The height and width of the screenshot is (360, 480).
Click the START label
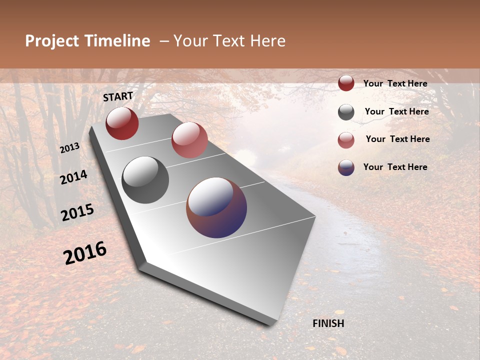(x=118, y=96)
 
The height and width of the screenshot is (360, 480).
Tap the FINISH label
(x=328, y=323)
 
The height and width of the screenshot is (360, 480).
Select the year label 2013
(x=70, y=148)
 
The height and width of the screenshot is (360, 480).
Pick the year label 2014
(x=74, y=177)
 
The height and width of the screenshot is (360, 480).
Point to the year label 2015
(x=77, y=212)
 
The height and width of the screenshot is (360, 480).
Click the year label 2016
(x=85, y=253)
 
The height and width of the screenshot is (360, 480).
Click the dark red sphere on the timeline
(x=122, y=123)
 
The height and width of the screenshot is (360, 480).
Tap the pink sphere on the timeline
(x=189, y=140)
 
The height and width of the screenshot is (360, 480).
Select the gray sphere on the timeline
(x=145, y=180)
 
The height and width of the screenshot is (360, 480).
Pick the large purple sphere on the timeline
(x=216, y=207)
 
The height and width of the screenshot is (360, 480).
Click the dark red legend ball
(x=346, y=83)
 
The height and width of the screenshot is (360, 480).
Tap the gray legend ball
(x=346, y=112)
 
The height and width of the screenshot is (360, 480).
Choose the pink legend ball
(x=346, y=140)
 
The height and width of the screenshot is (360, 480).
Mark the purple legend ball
(x=346, y=167)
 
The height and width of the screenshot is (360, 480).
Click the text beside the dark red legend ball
(x=395, y=83)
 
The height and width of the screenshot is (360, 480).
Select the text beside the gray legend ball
(x=396, y=111)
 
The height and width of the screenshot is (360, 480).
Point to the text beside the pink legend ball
(x=397, y=139)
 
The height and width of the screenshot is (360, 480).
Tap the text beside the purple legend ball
(x=395, y=167)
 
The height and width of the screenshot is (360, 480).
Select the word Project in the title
(x=52, y=41)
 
